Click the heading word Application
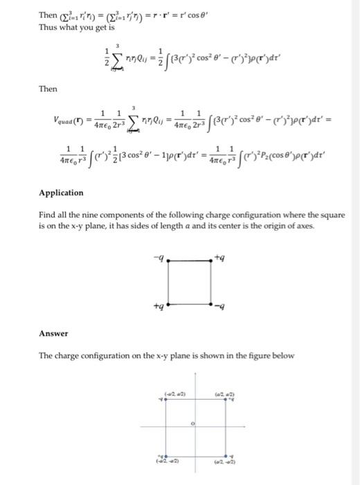pyautogui.click(x=61, y=193)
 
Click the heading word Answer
pyautogui.click(x=53, y=334)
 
